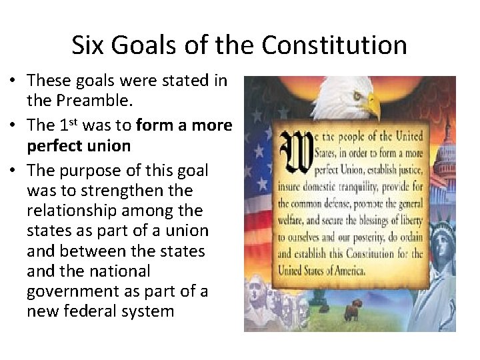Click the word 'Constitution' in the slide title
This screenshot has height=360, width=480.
(x=334, y=45)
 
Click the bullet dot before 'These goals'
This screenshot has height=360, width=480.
(x=13, y=82)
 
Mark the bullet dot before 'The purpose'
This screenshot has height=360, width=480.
(x=13, y=170)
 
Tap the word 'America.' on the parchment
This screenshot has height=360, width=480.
(x=344, y=270)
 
